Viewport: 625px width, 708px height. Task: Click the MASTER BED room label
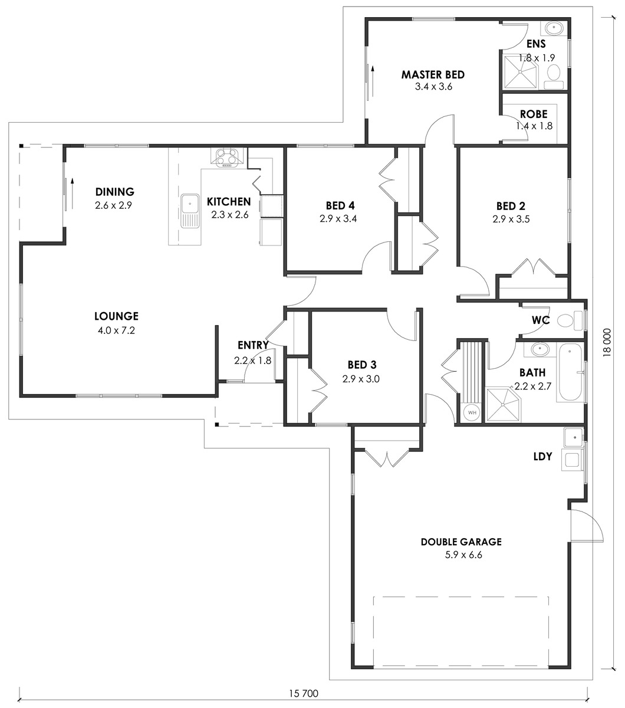(x=433, y=75)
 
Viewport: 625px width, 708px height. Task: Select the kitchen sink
(x=190, y=211)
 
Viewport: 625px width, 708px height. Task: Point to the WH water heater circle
(x=472, y=412)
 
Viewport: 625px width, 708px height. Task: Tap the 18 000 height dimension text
(x=607, y=342)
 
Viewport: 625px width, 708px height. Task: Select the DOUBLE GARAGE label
(x=461, y=542)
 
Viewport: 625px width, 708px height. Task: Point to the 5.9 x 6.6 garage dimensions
(x=463, y=555)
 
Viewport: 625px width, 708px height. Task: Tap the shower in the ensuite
(x=520, y=71)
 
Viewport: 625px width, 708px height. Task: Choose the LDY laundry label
(x=542, y=457)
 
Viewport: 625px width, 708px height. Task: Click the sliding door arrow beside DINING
(x=73, y=194)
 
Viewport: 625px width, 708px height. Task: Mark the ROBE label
(x=534, y=114)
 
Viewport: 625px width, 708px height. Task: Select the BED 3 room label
(x=362, y=365)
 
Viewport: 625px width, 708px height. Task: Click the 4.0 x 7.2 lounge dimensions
(x=116, y=330)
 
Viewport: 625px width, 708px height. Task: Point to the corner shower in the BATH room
(x=502, y=404)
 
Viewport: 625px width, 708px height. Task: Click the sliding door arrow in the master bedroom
(x=373, y=81)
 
